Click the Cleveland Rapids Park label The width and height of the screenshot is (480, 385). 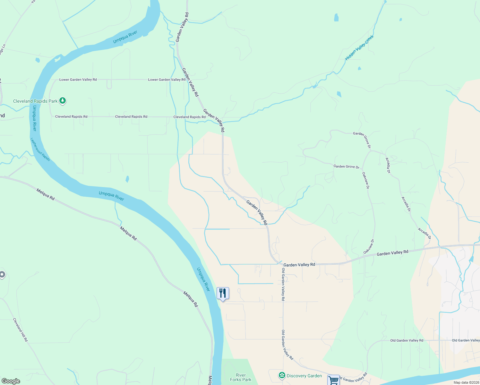[x=35, y=101]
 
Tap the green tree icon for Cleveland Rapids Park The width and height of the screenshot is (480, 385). [x=63, y=101]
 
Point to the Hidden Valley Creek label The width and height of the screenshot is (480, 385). [x=359, y=48]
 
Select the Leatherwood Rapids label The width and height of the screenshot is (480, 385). [x=40, y=150]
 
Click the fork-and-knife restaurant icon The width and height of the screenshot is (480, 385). [x=223, y=293]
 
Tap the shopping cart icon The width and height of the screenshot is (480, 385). [x=333, y=380]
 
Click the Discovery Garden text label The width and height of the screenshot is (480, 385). [x=304, y=376]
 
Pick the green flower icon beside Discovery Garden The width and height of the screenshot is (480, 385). [x=282, y=375]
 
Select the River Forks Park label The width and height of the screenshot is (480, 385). [x=241, y=377]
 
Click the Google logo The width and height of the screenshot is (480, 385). [x=11, y=381]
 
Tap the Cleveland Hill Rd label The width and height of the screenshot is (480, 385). [x=20, y=330]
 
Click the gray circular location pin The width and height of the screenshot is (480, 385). [x=2, y=274]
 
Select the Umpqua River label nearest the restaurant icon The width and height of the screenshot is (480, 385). [x=203, y=279]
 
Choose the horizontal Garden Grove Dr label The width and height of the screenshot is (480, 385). [x=346, y=167]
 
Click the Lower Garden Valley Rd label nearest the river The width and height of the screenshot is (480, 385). [x=78, y=80]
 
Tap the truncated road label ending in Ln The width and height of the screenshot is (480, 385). [x=3, y=50]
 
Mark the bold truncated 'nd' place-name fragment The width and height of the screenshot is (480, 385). [x=2, y=116]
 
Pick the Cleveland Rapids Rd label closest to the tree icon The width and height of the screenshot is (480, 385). [x=71, y=116]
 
